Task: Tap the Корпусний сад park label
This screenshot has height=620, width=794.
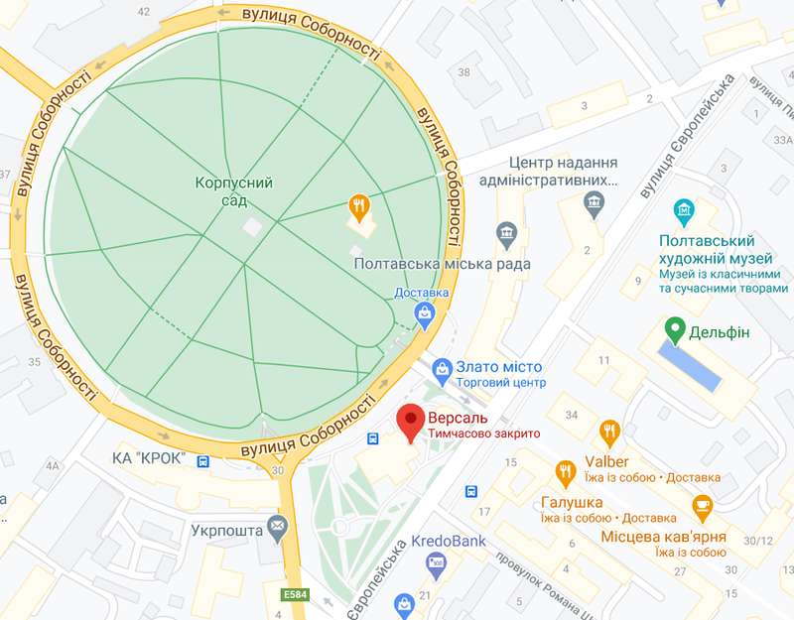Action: click(234, 191)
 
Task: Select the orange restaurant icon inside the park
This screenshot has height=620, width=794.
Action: click(359, 207)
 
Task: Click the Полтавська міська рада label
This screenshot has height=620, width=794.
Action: click(442, 264)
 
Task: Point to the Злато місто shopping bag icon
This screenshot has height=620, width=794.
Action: click(444, 367)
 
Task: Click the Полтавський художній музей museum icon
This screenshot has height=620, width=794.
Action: click(683, 211)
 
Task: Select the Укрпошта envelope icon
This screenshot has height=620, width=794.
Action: click(277, 526)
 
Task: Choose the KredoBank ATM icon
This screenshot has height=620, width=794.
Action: click(435, 563)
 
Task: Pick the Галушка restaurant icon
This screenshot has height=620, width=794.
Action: click(566, 472)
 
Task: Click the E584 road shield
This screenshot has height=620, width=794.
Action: click(295, 594)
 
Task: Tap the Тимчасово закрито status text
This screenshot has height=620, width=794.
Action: click(483, 434)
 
